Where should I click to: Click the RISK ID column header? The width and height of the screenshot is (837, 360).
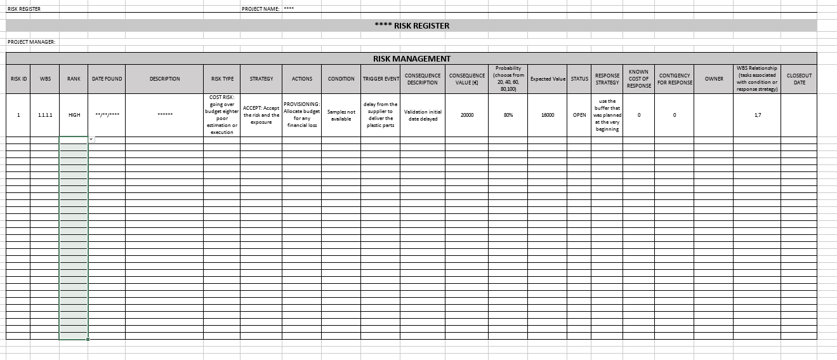point(18,79)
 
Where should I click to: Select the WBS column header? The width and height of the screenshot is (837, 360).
point(45,79)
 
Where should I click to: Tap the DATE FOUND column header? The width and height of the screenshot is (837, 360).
point(107,79)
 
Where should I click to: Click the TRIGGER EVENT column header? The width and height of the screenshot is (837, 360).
point(380,79)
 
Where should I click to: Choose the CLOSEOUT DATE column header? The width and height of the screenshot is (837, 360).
point(799,79)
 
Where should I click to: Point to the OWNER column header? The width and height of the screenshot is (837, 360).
point(714,79)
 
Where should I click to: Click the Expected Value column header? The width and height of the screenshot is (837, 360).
point(547,79)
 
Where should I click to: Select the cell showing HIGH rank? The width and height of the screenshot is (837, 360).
point(74,115)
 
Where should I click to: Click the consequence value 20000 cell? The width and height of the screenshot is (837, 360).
point(466,115)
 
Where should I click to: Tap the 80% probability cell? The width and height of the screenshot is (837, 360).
point(508,115)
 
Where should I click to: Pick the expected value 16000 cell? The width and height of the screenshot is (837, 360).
point(548,115)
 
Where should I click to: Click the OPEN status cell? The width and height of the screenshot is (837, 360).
point(579,115)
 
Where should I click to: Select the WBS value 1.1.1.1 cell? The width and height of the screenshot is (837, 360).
point(45,115)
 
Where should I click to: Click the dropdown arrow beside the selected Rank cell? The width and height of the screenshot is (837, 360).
point(91,139)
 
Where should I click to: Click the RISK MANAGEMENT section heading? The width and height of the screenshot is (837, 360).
point(411,58)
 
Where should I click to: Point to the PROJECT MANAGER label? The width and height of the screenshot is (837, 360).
point(32,42)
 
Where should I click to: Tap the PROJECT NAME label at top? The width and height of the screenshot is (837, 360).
point(261,9)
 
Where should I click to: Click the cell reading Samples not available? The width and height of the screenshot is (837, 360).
point(341,115)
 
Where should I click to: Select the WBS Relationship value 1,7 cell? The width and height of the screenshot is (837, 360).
point(756,115)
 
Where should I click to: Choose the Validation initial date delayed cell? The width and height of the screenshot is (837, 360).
point(423,115)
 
